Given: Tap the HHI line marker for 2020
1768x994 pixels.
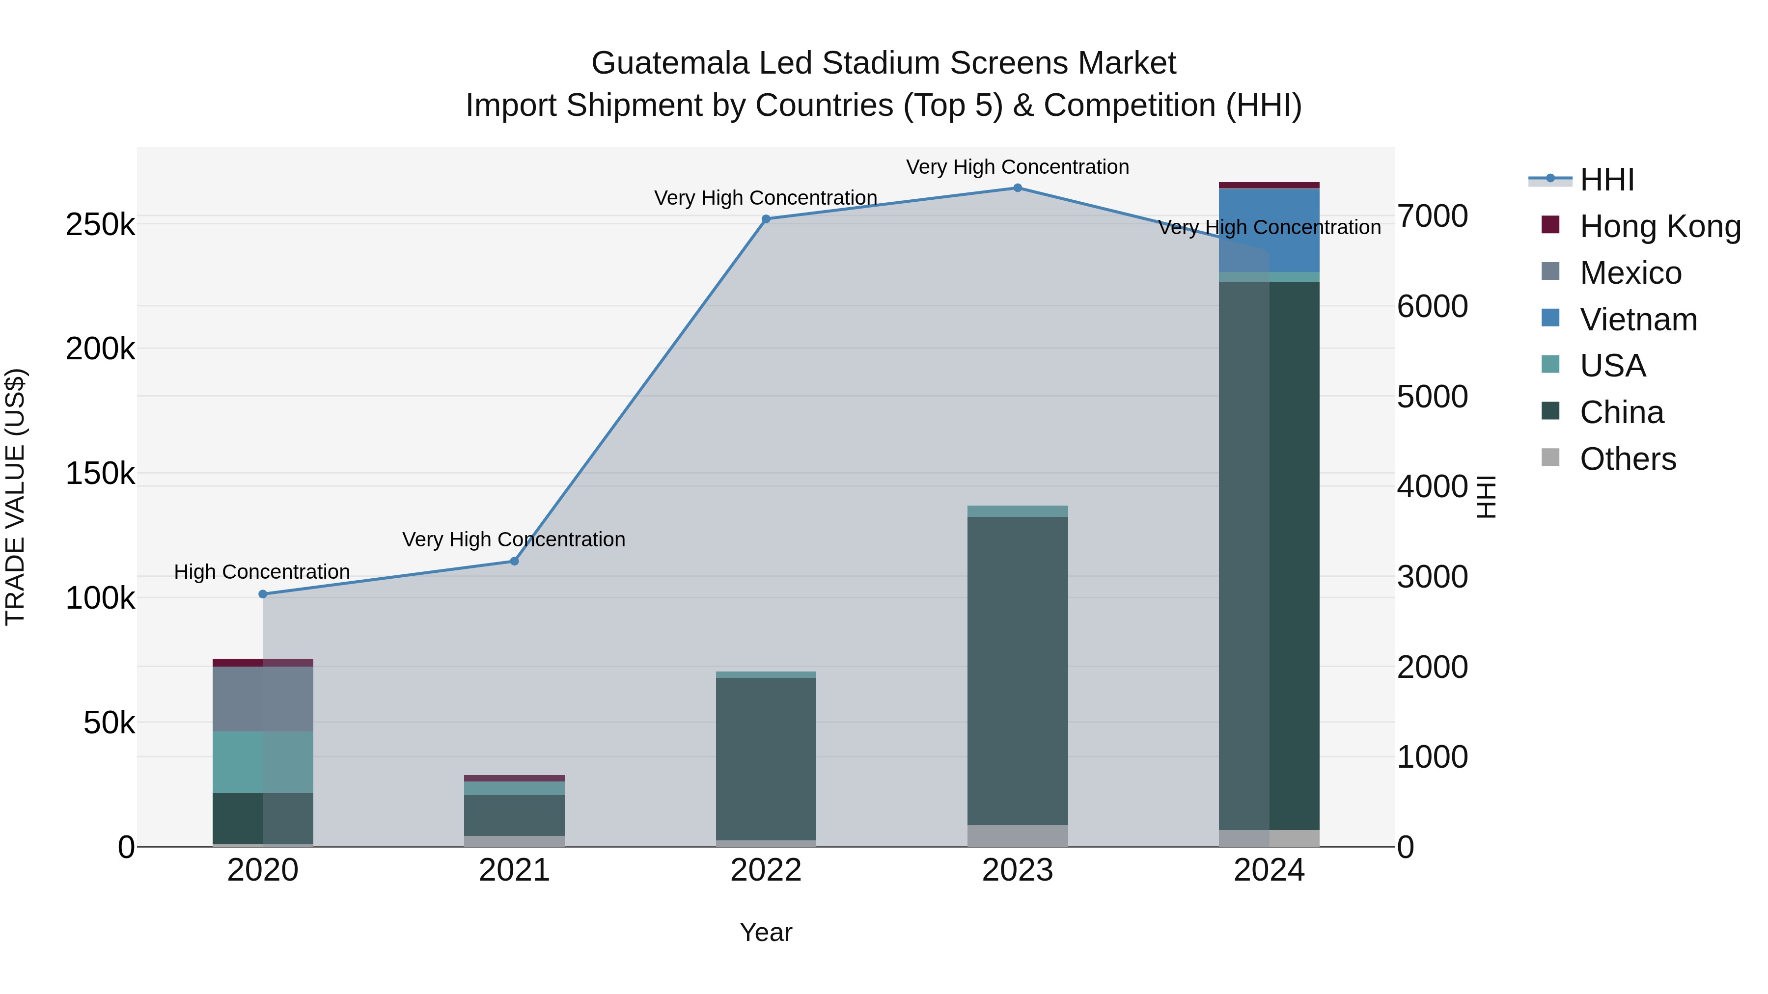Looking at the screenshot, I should coord(263,594).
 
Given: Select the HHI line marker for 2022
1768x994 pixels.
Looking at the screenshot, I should coord(766,219).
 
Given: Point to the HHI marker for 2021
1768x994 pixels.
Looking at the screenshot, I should coord(514,561).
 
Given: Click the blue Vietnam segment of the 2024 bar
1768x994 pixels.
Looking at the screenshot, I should coord(1269,230).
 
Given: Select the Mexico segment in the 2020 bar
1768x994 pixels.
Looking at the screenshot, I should coord(263,698).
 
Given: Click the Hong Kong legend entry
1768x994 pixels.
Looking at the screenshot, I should coord(1659,226).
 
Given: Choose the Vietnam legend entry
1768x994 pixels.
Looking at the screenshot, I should coord(1637,320).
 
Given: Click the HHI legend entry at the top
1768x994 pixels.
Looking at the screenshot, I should coord(1606,180).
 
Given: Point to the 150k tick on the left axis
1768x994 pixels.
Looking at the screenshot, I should coord(100,473).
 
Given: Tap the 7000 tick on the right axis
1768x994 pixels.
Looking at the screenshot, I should coord(1433,216).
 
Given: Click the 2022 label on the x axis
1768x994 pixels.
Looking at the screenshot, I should coord(766,870).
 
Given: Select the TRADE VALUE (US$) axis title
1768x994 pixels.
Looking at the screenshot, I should coord(15,497).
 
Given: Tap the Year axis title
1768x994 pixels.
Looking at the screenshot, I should coord(766,932).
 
